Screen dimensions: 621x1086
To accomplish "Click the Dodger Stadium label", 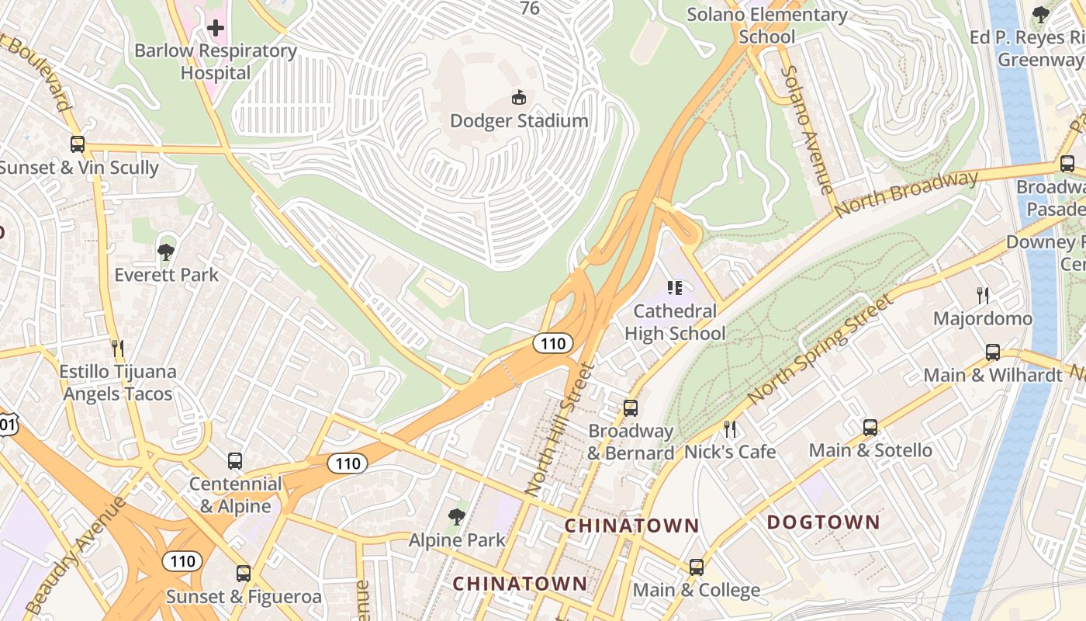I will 519,121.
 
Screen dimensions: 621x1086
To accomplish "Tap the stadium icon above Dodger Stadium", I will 519,97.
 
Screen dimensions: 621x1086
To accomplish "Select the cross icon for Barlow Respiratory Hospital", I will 216,29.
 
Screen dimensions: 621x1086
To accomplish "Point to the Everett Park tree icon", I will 165,251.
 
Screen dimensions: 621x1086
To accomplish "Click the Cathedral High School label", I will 675,322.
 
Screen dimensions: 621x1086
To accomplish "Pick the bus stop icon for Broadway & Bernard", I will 631,408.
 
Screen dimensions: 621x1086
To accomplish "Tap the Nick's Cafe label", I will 730,451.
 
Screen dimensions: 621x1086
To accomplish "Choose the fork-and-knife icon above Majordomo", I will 983,295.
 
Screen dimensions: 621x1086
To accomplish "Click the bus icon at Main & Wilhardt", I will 993,352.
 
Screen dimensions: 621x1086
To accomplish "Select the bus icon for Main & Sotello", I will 870,427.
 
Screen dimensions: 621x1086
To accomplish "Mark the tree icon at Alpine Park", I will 457,516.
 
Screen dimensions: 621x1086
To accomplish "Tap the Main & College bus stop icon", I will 697,567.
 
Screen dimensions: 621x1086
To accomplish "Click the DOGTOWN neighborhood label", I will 823,522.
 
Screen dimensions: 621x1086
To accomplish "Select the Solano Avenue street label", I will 806,130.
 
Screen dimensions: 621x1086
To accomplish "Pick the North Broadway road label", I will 906,194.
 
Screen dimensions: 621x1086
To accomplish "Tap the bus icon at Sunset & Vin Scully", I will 78,144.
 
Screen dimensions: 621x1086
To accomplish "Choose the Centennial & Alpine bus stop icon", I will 235,461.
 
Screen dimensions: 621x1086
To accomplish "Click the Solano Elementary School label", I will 766,26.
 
